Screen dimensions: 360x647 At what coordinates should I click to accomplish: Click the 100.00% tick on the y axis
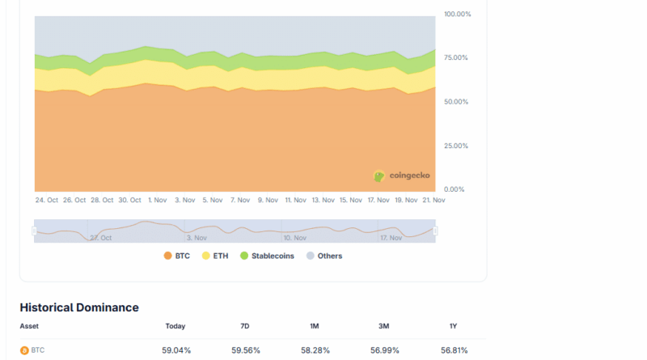(457, 15)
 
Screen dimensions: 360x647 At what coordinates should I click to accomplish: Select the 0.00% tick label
(454, 189)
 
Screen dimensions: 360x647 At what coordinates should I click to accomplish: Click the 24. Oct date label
(46, 200)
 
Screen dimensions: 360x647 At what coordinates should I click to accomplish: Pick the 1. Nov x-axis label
(155, 200)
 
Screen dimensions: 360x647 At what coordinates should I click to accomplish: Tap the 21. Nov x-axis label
(433, 200)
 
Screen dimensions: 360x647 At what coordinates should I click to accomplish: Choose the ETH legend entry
(214, 256)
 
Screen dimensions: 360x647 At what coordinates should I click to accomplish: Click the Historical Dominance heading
(79, 307)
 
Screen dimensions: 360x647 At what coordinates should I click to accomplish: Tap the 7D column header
(245, 326)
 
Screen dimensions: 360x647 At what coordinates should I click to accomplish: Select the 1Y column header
(453, 326)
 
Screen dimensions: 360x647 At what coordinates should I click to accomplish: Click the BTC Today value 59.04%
(176, 350)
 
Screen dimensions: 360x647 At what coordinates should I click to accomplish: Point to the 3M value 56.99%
(383, 350)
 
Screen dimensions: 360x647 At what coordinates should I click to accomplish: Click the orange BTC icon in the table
(24, 350)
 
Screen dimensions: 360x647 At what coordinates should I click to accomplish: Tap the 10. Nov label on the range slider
(295, 238)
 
